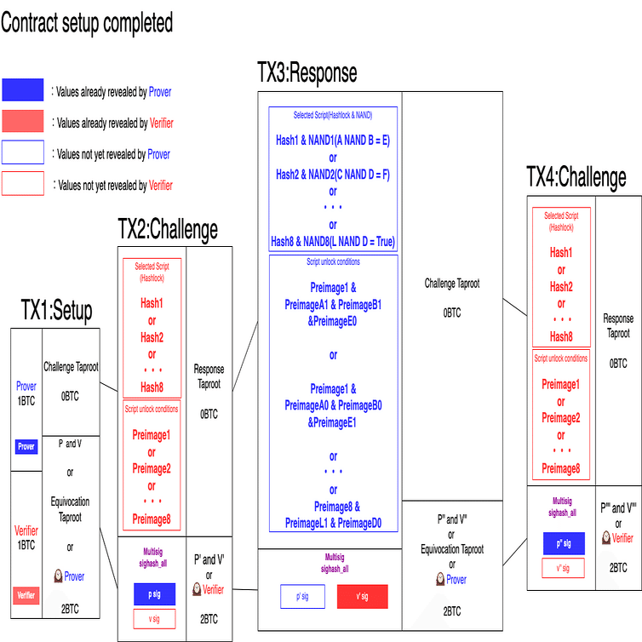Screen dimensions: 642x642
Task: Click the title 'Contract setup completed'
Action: click(x=86, y=23)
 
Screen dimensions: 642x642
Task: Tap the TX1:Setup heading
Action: click(x=57, y=311)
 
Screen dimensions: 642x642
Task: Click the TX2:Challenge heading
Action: click(x=168, y=228)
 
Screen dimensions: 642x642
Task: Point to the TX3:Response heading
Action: click(x=307, y=72)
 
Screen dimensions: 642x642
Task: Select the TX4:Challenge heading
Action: click(x=576, y=177)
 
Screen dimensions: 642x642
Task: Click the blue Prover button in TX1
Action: click(x=26, y=446)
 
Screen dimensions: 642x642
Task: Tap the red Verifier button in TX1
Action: click(x=26, y=596)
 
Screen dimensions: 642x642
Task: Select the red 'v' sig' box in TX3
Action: click(x=363, y=596)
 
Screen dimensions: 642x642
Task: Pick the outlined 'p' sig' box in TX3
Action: click(x=302, y=596)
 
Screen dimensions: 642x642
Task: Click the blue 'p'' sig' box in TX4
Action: click(x=564, y=543)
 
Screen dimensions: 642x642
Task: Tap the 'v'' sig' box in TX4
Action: click(x=564, y=569)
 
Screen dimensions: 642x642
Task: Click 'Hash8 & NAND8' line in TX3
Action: click(x=333, y=242)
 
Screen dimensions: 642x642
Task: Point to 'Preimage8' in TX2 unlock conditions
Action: click(x=152, y=519)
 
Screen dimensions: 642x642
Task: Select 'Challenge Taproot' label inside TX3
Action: click(x=452, y=284)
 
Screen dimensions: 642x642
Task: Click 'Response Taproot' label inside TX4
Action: click(x=618, y=326)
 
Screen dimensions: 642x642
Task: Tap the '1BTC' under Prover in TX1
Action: click(x=26, y=399)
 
